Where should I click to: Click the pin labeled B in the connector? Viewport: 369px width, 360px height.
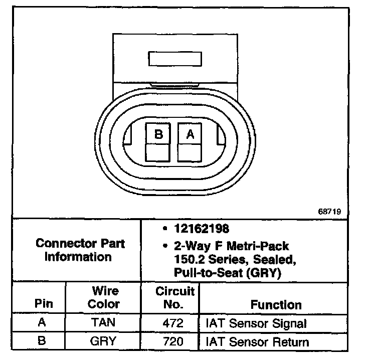point(158,134)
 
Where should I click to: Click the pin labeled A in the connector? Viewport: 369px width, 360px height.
point(190,134)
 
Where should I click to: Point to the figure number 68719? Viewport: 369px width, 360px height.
point(329,212)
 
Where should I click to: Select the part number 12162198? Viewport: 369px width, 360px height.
point(202,229)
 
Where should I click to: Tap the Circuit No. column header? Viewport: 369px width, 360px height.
point(174,298)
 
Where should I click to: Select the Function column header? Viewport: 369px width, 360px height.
point(276,304)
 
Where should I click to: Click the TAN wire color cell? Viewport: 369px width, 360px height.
point(103,323)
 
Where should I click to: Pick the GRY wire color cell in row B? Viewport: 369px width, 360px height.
point(103,342)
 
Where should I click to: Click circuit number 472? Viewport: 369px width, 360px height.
point(173,323)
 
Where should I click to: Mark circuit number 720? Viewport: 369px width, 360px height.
point(173,342)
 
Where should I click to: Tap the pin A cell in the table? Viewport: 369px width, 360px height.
point(42,323)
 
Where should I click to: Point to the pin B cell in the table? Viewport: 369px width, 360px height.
point(42,342)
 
